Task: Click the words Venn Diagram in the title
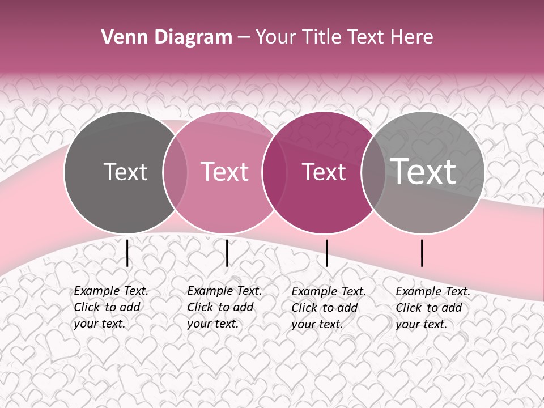coord(167,37)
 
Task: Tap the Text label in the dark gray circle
coord(125,172)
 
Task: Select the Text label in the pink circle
coord(225,172)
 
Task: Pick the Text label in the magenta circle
coord(324,172)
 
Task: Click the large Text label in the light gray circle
coord(423,172)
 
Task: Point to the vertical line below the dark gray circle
coord(127,253)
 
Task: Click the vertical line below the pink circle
coord(227,253)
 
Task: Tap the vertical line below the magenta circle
coord(326,253)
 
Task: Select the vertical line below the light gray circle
coord(422,253)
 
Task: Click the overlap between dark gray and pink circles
coord(175,172)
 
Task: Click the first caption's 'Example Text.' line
coord(111,291)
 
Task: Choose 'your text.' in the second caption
coord(212,324)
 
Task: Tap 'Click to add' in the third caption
coord(325,308)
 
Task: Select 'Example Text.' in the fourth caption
coord(433,291)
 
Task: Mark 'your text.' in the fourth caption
coord(421,324)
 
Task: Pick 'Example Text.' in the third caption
coord(329,291)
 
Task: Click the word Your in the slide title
coord(277,37)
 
